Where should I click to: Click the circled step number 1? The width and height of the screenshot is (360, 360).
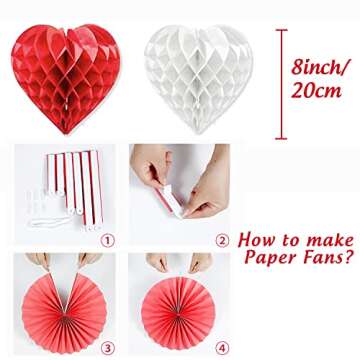tap(108, 240)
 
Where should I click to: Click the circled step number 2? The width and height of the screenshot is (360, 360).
tap(222, 240)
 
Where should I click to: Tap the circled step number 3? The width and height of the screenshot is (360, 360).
tap(108, 348)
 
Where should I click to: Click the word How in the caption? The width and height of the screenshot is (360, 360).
tap(256, 240)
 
